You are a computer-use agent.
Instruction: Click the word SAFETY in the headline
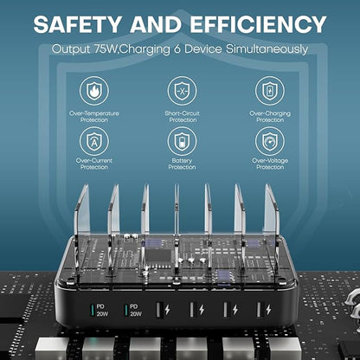tap(77, 24)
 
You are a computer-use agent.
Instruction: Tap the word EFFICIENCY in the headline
tap(258, 24)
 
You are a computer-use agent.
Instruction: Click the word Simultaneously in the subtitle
tap(267, 49)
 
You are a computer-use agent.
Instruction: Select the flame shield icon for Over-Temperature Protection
tap(94, 91)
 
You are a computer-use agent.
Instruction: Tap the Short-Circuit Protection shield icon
tap(182, 91)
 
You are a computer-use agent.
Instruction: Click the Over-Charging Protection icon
tap(270, 91)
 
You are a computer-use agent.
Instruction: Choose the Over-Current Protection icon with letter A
tap(94, 141)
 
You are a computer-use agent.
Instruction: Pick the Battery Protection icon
tap(182, 141)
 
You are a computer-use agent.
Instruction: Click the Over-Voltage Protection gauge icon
tap(270, 141)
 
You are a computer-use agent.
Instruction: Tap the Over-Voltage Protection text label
tap(270, 164)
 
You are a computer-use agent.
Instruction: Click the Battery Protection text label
tap(182, 164)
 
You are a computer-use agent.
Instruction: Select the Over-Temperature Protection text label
tap(94, 117)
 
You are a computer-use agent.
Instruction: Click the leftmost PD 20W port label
tap(102, 310)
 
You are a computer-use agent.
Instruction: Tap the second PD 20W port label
tap(136, 310)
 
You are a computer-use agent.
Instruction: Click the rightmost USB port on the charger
tap(260, 310)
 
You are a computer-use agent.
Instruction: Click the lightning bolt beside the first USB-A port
tap(167, 310)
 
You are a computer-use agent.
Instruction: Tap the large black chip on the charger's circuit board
tap(158, 255)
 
